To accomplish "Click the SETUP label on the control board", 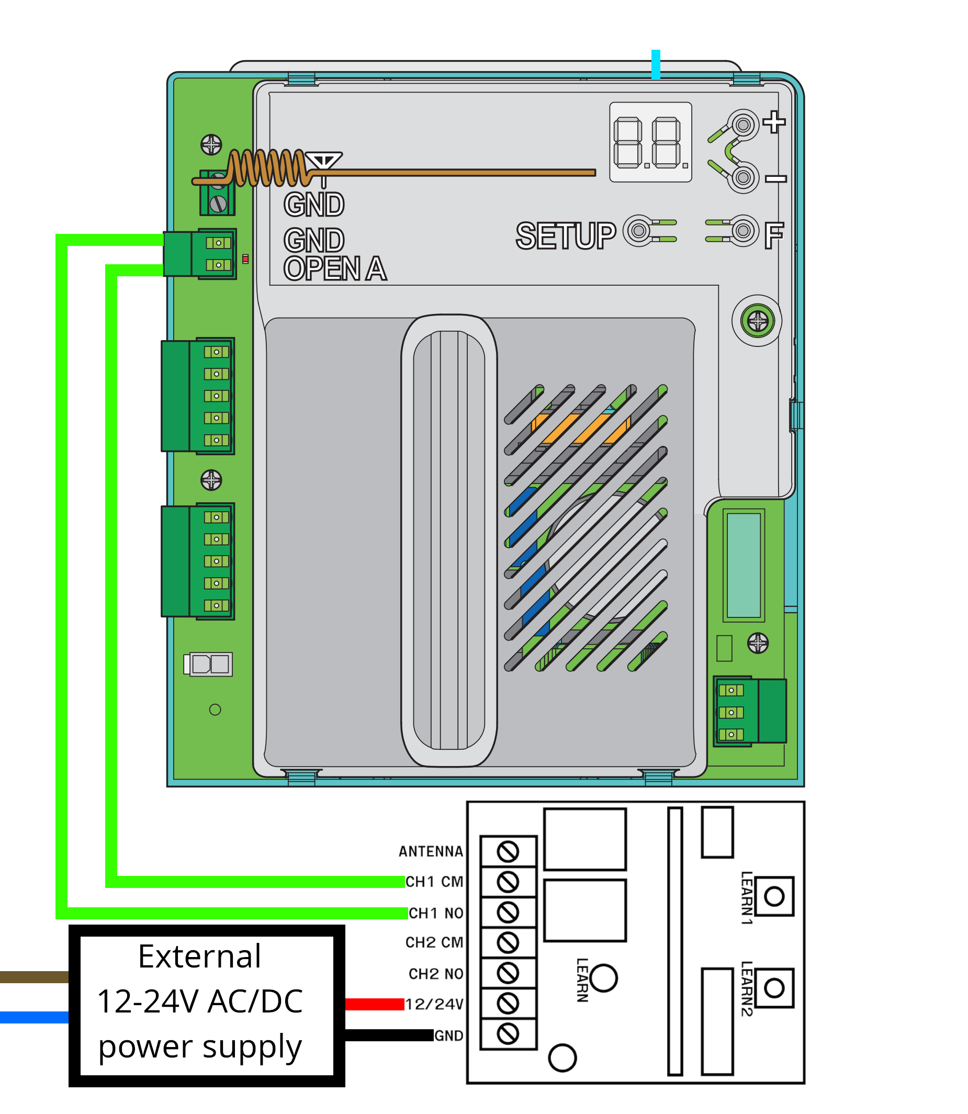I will [x=566, y=236].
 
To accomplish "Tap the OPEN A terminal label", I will [x=335, y=269].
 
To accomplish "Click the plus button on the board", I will [x=744, y=126].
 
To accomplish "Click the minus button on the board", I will [x=744, y=177].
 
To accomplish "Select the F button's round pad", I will [x=744, y=231].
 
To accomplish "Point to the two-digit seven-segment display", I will [x=650, y=142].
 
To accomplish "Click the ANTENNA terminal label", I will [x=431, y=852].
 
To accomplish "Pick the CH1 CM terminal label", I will [x=434, y=882].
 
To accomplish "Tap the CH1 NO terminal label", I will [x=436, y=913].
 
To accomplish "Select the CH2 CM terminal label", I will [x=434, y=943].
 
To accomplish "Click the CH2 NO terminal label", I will [x=436, y=974].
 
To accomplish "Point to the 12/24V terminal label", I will [x=434, y=1004].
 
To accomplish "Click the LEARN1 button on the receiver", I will [x=774, y=896].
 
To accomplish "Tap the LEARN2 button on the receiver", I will [x=774, y=988].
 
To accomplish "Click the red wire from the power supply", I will [x=374, y=1004].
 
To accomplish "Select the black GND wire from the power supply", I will [x=389, y=1035].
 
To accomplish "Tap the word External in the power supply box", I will [x=199, y=957].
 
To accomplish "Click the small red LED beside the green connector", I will [x=246, y=260].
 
